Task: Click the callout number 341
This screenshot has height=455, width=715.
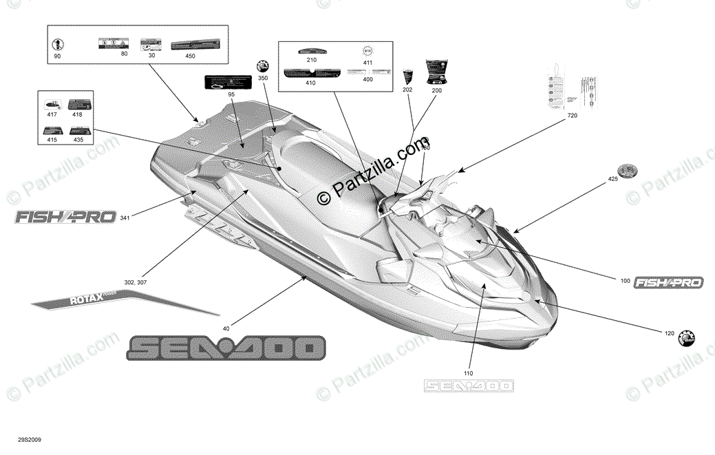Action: (x=125, y=218)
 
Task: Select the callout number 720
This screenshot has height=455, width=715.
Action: (x=573, y=116)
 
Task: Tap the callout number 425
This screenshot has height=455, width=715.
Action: (x=612, y=178)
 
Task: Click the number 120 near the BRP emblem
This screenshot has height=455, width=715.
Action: (x=668, y=333)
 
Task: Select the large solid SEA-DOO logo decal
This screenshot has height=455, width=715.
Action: (x=225, y=348)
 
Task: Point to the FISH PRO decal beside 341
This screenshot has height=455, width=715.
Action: (x=65, y=218)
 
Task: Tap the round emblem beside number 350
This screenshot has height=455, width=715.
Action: (x=262, y=65)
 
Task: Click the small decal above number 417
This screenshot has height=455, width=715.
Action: (x=52, y=104)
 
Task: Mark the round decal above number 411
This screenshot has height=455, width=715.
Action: (x=367, y=50)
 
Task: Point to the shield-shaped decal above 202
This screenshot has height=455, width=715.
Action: (x=407, y=76)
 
